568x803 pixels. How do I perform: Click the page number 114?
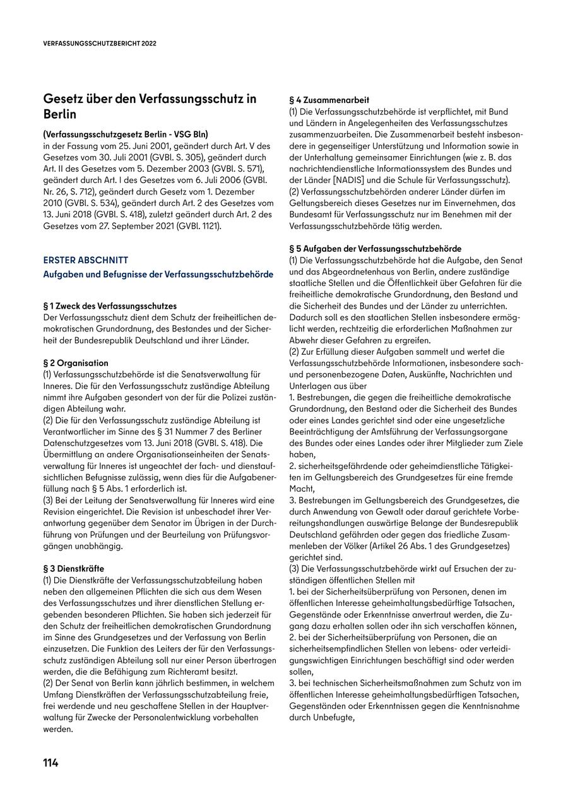(50, 763)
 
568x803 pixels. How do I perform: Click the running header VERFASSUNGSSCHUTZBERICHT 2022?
(100, 44)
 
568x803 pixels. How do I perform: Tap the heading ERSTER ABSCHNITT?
(85, 260)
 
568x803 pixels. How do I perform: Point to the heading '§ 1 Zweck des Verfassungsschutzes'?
(110, 306)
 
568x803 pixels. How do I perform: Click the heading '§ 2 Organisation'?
(75, 363)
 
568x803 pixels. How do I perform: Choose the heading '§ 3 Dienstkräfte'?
(74, 568)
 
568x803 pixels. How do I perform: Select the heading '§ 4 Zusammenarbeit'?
(329, 100)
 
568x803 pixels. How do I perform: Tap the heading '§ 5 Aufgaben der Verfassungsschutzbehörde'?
(375, 249)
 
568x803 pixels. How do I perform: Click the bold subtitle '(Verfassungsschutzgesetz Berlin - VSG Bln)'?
(126, 134)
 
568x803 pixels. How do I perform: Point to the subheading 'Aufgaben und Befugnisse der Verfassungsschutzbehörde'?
(158, 275)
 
